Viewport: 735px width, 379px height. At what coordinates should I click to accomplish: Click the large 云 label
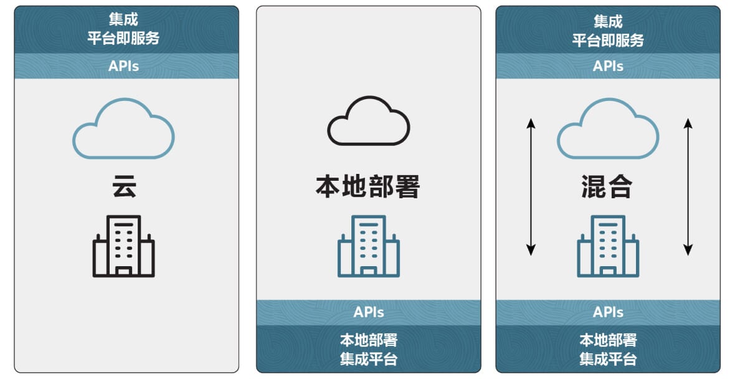124,186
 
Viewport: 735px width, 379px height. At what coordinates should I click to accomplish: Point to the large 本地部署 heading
368,186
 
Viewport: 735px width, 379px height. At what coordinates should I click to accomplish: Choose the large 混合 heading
607,186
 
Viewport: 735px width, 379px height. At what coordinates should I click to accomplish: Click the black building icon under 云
124,246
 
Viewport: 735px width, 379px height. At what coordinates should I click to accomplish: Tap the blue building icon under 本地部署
369,246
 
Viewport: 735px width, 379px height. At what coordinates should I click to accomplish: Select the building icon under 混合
608,246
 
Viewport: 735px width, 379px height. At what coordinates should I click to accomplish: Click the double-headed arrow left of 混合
531,186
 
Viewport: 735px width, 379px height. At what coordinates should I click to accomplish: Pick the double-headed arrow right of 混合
688,186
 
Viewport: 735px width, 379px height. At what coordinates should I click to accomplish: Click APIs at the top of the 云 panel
124,66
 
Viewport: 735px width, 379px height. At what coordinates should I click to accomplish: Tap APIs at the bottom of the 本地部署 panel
369,312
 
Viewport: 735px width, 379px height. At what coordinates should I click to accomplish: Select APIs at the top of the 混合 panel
608,66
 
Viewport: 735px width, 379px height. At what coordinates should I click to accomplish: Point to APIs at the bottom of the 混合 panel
608,312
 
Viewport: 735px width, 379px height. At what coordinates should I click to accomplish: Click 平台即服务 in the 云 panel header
124,38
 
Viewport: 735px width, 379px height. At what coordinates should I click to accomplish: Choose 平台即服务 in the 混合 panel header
608,40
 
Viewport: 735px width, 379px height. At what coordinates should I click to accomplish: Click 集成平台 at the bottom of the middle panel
369,359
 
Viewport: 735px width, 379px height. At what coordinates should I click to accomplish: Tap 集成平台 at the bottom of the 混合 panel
608,359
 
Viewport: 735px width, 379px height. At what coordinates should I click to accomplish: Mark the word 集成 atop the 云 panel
124,19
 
